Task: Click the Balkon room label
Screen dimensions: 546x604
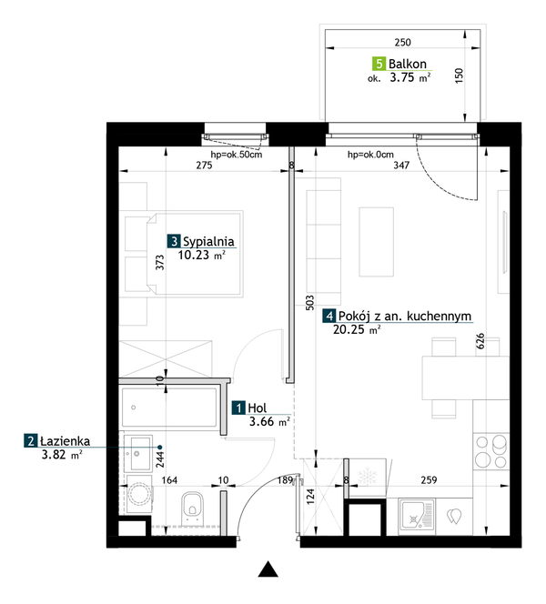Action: coord(408,64)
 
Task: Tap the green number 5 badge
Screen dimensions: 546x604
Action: coord(379,63)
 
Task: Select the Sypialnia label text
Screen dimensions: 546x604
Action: coord(208,242)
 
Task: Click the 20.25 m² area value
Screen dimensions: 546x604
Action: coord(357,329)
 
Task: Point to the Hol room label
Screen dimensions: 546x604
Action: coord(257,408)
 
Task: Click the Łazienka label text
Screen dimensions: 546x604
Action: coord(66,441)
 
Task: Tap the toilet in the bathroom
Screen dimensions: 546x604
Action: coord(193,507)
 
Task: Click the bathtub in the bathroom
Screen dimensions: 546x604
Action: coord(169,408)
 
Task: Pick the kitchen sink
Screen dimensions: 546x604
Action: coord(416,516)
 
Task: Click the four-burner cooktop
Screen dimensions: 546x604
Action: coord(490,451)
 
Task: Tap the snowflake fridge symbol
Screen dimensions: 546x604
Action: coord(368,477)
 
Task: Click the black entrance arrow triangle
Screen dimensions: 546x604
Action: coord(268,569)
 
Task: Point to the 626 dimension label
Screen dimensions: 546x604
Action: coord(480,341)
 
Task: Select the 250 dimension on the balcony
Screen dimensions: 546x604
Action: coord(402,42)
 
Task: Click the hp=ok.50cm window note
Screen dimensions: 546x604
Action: coord(237,155)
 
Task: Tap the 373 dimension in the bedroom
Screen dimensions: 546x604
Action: coord(159,262)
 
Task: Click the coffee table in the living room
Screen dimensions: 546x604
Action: coord(377,242)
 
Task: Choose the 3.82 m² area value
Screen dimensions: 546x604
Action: coord(62,455)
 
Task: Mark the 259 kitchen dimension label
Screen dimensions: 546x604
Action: coord(429,480)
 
